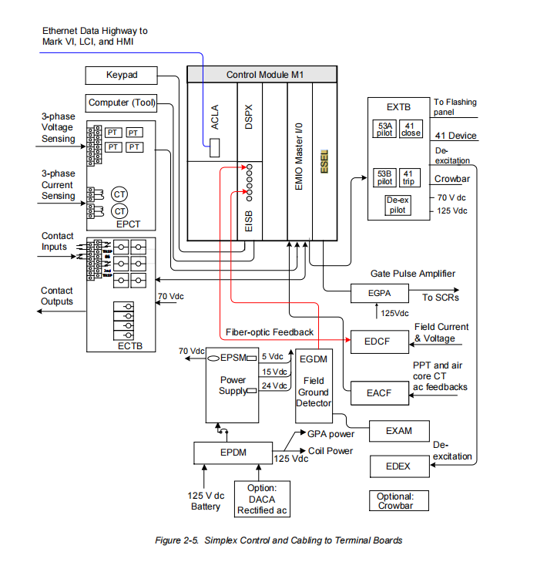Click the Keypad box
(121, 75)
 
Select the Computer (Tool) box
(122, 103)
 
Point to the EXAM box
(399, 431)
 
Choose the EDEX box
(398, 466)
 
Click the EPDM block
(232, 453)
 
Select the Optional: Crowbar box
(395, 501)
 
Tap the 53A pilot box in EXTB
(384, 128)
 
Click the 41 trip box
(410, 177)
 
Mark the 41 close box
(411, 128)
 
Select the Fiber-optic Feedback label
(270, 332)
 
